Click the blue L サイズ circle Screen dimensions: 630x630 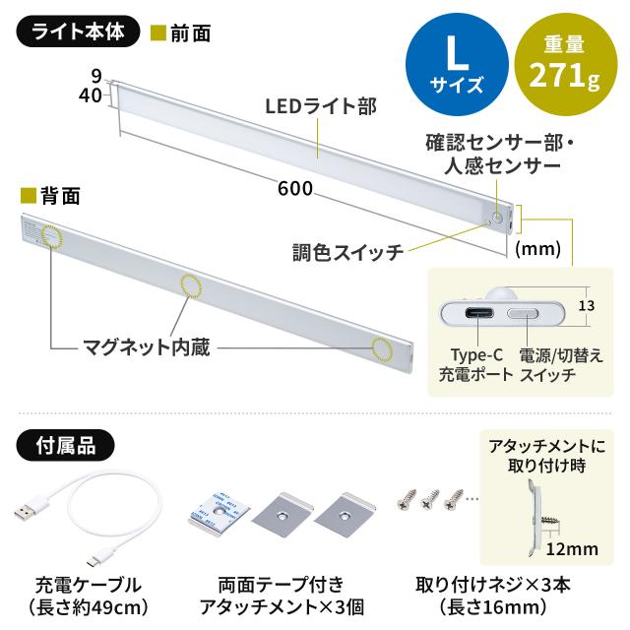point(450,64)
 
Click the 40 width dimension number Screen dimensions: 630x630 point(94,94)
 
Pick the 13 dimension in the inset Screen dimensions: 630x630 point(586,307)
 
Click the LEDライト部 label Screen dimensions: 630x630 point(317,105)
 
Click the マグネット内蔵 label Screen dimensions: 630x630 point(145,346)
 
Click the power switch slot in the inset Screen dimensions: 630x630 point(524,315)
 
